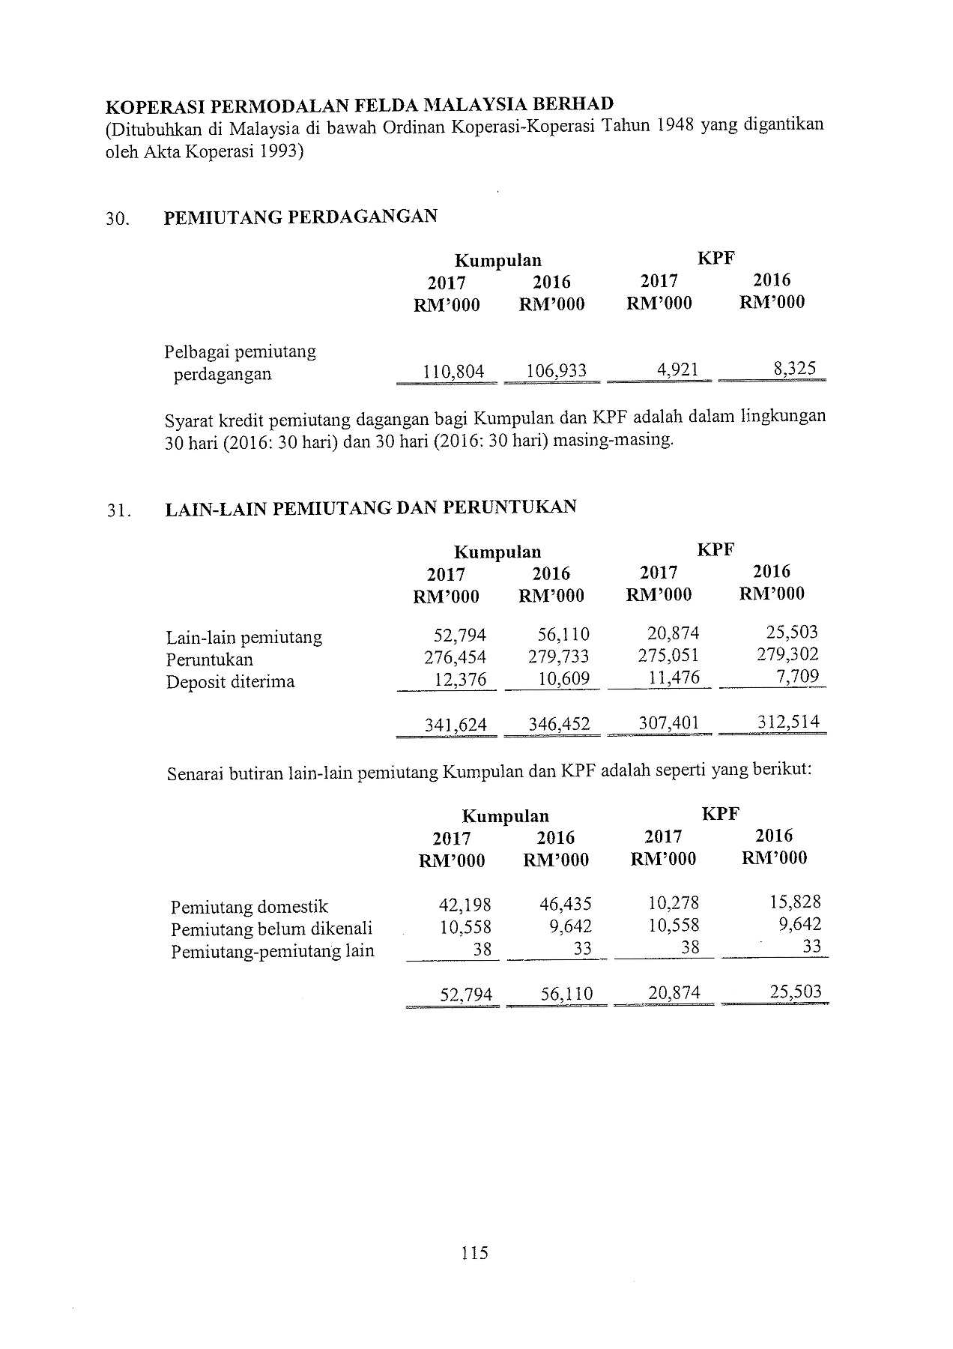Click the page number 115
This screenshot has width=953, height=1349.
click(475, 1252)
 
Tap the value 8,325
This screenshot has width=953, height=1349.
click(796, 369)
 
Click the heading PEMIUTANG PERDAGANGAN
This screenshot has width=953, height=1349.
click(300, 217)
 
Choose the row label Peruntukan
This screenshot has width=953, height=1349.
click(210, 660)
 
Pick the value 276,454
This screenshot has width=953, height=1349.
click(455, 657)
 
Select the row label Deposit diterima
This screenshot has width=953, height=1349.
click(231, 682)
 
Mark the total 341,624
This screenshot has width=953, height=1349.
click(456, 725)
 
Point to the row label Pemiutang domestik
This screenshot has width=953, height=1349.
click(249, 907)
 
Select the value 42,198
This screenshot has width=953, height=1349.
click(465, 905)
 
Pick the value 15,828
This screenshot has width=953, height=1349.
click(795, 902)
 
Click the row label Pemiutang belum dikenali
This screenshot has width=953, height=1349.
click(272, 929)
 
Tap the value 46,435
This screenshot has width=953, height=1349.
click(566, 904)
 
